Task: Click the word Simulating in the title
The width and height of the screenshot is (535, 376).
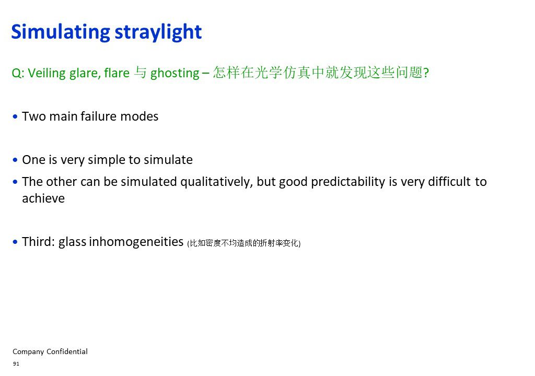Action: pyautogui.click(x=61, y=32)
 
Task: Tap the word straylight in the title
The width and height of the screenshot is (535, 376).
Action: pyautogui.click(x=158, y=32)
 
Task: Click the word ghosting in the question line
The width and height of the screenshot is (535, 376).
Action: pyautogui.click(x=175, y=73)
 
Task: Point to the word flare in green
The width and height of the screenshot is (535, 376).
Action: pyautogui.click(x=117, y=73)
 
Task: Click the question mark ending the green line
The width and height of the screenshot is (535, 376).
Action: pyautogui.click(x=426, y=73)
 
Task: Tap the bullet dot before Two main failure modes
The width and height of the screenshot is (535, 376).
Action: pyautogui.click(x=15, y=116)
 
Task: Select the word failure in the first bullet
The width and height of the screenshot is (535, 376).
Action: pyautogui.click(x=99, y=116)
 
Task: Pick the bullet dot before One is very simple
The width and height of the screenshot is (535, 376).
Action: pyautogui.click(x=15, y=160)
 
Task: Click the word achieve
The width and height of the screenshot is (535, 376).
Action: pyautogui.click(x=43, y=198)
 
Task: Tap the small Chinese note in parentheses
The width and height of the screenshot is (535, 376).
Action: pyautogui.click(x=244, y=243)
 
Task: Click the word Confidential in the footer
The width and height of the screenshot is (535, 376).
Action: pyautogui.click(x=67, y=351)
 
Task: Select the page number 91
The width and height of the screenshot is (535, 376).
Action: pyautogui.click(x=16, y=363)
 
